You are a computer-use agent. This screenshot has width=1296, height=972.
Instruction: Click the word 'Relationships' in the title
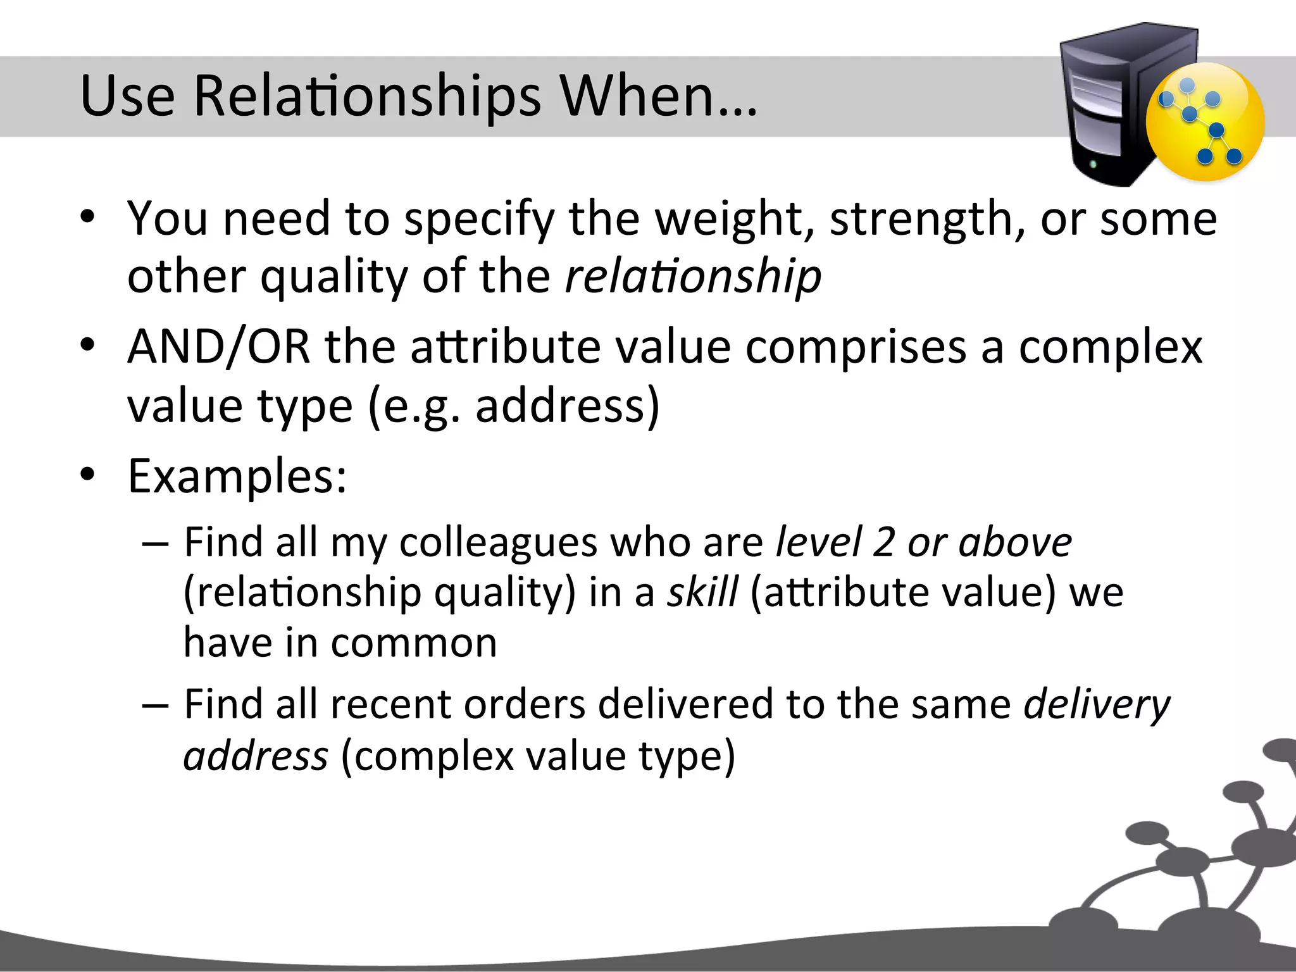pyautogui.click(x=367, y=97)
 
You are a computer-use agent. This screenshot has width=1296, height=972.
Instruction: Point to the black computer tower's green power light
pyautogui.click(x=1093, y=165)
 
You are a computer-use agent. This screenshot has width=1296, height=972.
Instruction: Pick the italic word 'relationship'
pyautogui.click(x=693, y=277)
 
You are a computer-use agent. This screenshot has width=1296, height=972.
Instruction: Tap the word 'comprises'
pyautogui.click(x=856, y=347)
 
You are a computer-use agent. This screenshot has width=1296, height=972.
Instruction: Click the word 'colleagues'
pyautogui.click(x=498, y=543)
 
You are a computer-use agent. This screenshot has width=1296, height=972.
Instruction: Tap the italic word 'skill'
pyautogui.click(x=702, y=593)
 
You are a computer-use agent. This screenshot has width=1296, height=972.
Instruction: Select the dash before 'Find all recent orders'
pyautogui.click(x=154, y=704)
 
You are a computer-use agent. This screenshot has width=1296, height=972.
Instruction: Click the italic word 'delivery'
pyautogui.click(x=1097, y=705)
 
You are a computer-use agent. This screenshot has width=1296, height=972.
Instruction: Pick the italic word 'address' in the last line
pyautogui.click(x=256, y=756)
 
